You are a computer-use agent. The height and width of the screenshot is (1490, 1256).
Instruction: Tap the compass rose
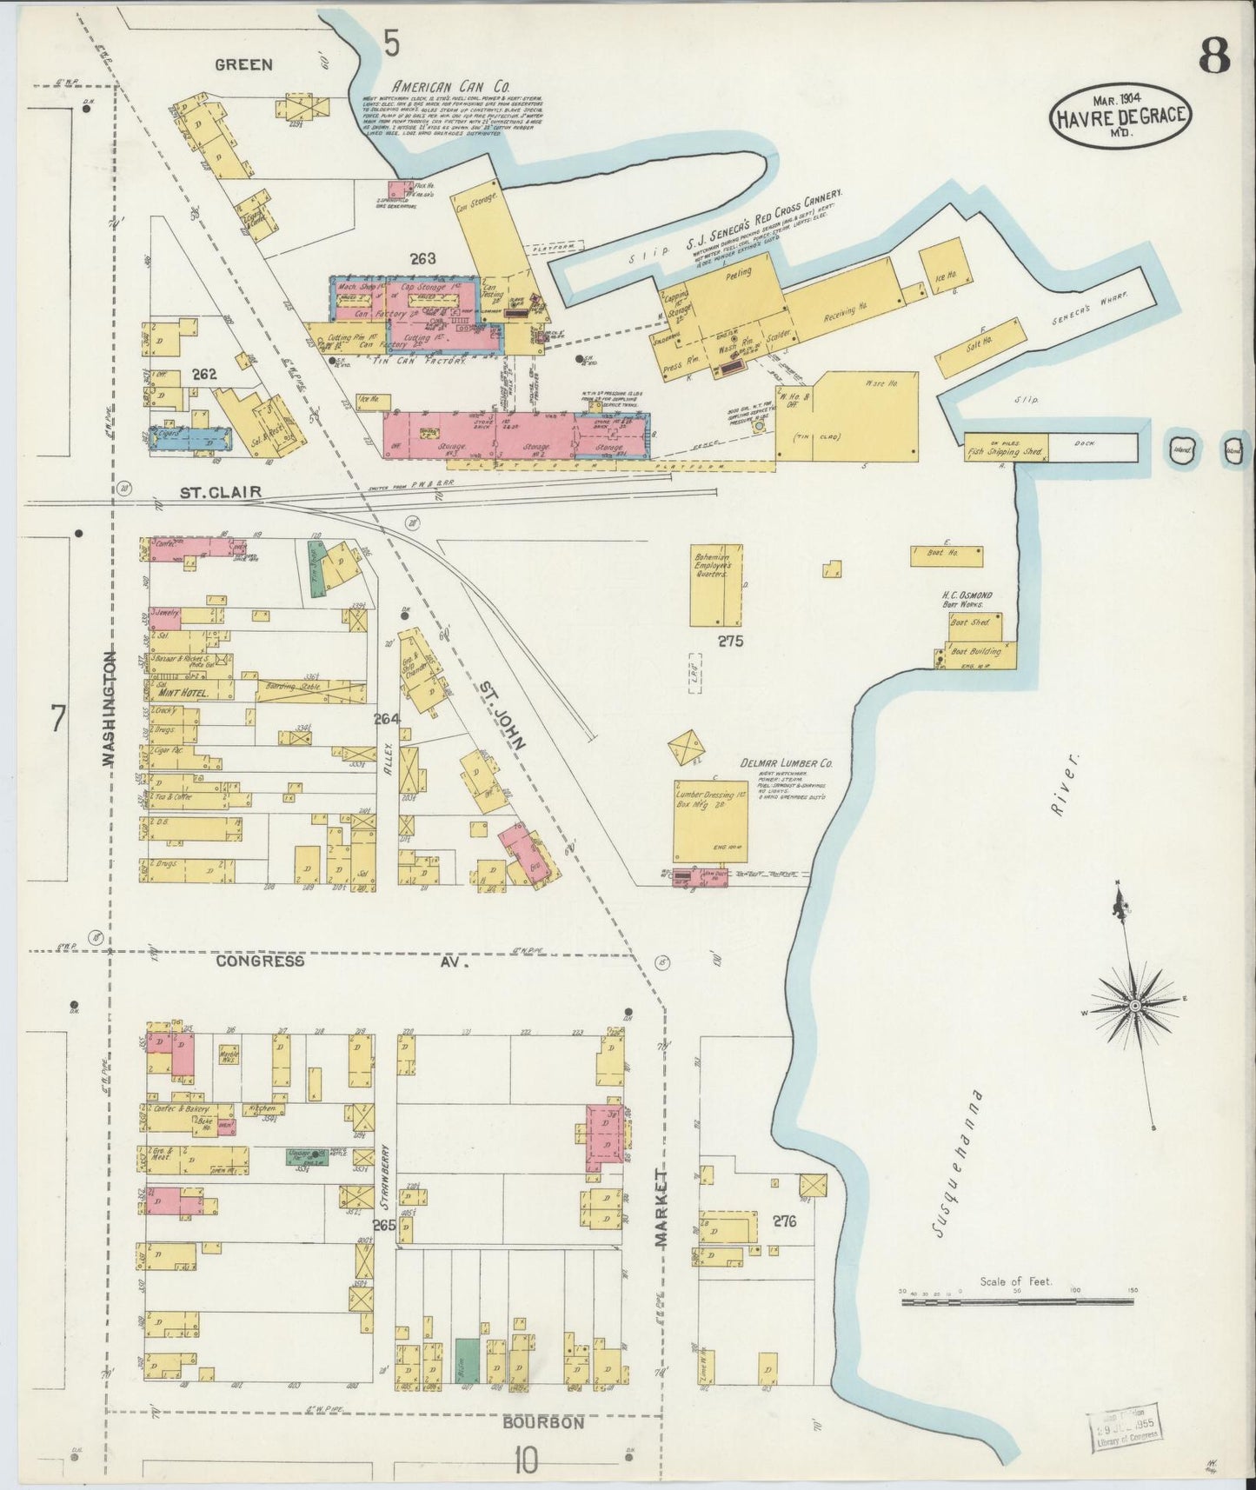(x=1134, y=1005)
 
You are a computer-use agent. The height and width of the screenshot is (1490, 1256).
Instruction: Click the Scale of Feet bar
(x=1016, y=1301)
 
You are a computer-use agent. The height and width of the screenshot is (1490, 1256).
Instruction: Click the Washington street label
(x=109, y=708)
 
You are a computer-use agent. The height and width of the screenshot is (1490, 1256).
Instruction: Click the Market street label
(x=662, y=1211)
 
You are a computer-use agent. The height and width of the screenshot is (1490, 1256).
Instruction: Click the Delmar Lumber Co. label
(x=786, y=763)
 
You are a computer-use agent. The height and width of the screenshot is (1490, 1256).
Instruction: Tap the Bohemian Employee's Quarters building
(x=716, y=584)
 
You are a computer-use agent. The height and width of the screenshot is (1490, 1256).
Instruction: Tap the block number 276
(x=784, y=1221)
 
